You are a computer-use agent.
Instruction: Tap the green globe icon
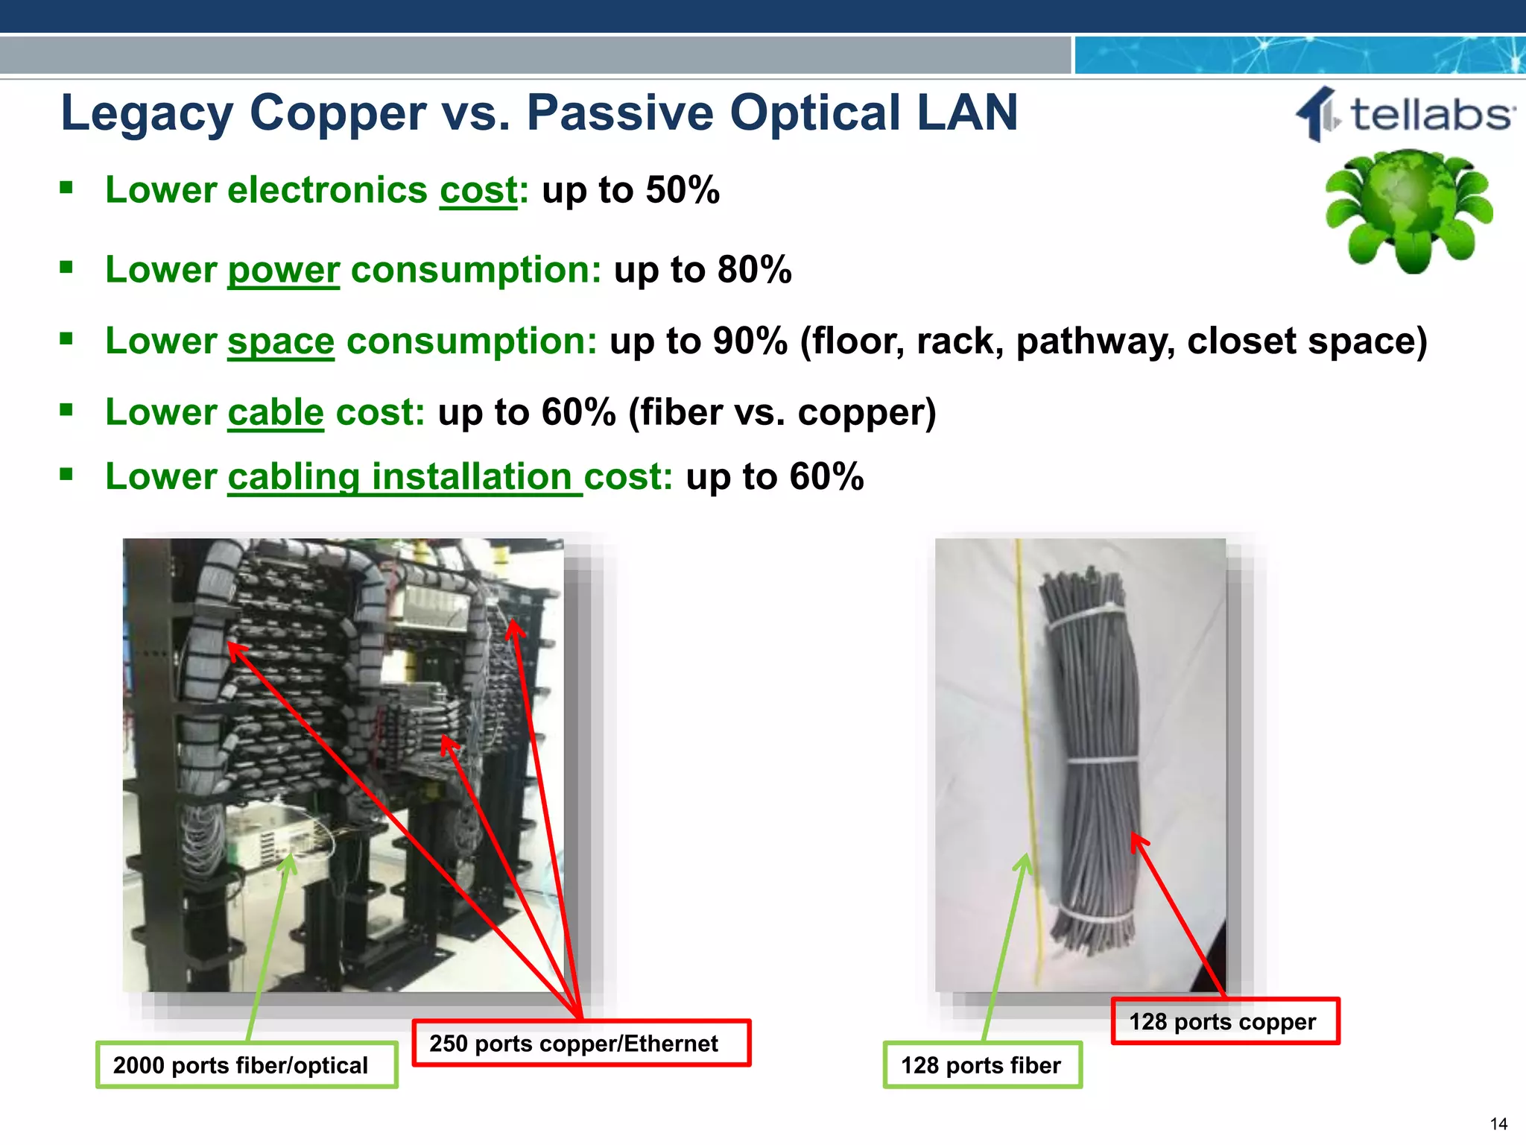[x=1408, y=209]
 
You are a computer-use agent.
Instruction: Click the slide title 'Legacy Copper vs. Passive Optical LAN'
[x=539, y=113]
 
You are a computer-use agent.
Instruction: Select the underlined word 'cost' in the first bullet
[x=478, y=190]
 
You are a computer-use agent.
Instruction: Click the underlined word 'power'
[x=283, y=270]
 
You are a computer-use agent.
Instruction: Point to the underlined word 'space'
[x=280, y=341]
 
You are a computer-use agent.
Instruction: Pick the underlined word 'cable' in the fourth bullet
[x=275, y=412]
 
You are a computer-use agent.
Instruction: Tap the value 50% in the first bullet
[x=683, y=190]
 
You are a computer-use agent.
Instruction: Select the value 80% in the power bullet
[x=754, y=270]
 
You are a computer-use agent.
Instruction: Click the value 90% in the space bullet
[x=750, y=341]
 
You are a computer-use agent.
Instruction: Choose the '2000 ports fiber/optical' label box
[x=246, y=1065]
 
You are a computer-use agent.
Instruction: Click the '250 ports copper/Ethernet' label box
[x=581, y=1043]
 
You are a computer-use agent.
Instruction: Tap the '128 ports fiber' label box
[x=981, y=1065]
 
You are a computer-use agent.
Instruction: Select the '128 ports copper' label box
[x=1224, y=1021]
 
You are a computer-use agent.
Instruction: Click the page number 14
[x=1498, y=1124]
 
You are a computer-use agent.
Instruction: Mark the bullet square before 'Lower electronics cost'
[x=66, y=187]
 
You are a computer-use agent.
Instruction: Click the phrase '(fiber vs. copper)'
[x=782, y=412]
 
